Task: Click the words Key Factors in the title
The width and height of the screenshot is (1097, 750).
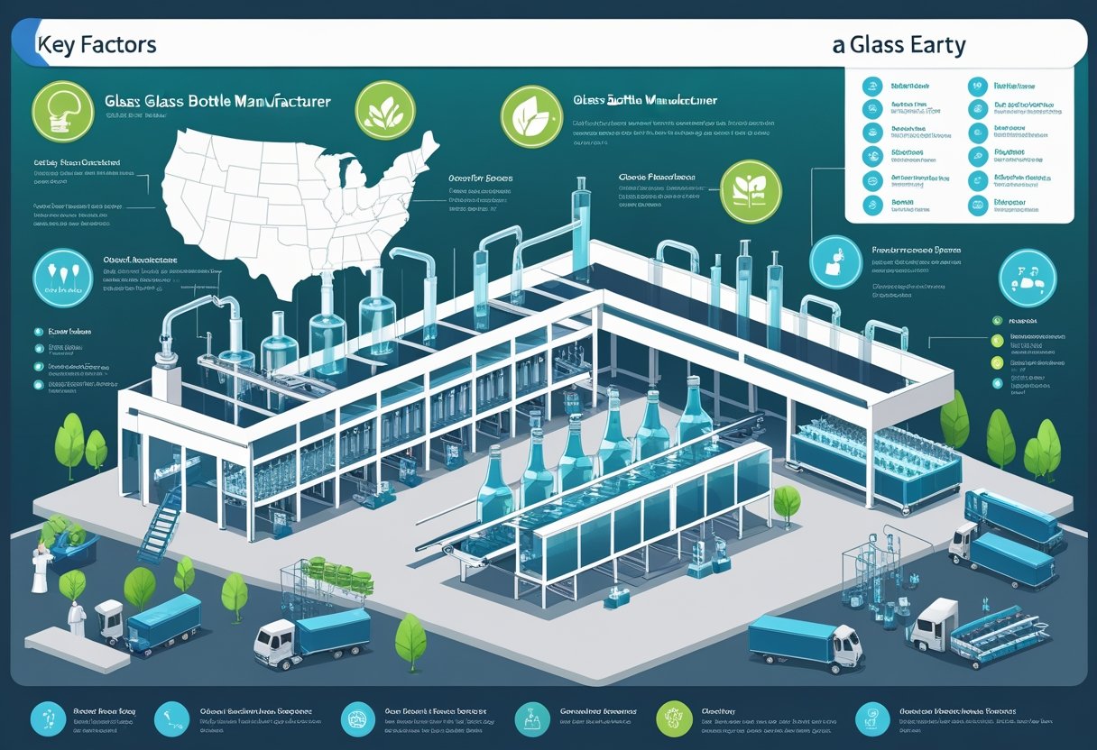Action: coord(97,44)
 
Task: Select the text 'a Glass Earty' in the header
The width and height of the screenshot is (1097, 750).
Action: coord(899,45)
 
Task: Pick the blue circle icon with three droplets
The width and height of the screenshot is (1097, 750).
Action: coord(63,278)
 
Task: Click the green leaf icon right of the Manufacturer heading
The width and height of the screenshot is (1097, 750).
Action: coord(385,111)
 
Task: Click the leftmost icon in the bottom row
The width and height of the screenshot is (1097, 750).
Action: coord(47,718)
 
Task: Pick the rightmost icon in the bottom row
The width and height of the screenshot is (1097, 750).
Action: coord(872,718)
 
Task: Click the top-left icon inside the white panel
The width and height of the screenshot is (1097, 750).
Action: coord(871,87)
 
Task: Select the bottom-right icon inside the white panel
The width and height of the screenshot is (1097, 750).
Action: coord(979,205)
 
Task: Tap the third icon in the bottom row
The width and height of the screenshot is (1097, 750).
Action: coord(357,718)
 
